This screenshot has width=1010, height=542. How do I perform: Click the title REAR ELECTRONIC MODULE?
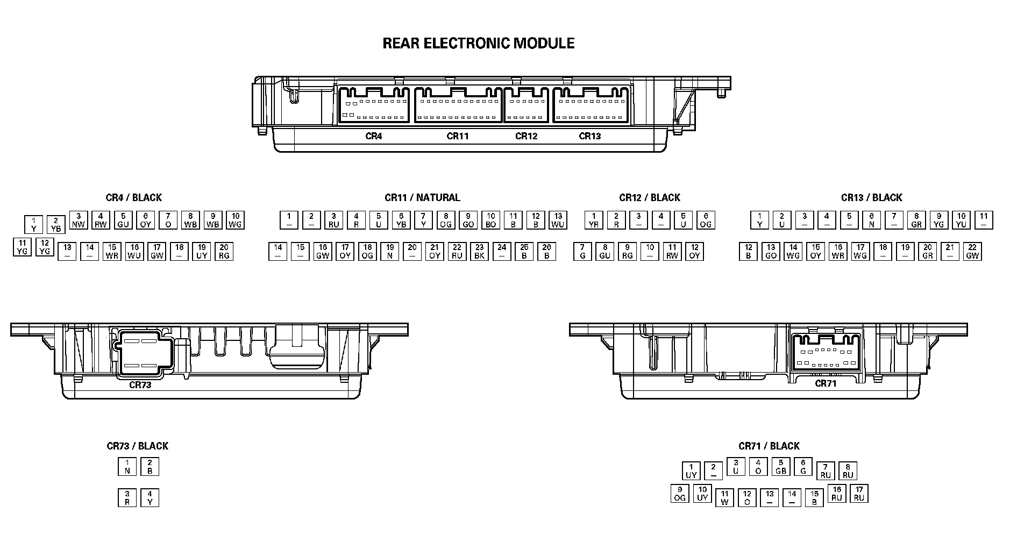click(x=478, y=43)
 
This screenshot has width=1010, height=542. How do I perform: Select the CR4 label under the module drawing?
click(x=373, y=136)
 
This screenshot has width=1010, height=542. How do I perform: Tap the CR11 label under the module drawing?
click(x=457, y=136)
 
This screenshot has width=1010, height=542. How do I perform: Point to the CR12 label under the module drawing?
click(x=526, y=136)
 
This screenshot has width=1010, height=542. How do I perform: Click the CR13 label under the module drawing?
click(x=589, y=136)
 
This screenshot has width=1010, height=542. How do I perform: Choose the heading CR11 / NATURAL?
click(x=422, y=197)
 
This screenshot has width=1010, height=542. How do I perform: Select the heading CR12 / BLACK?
click(x=649, y=197)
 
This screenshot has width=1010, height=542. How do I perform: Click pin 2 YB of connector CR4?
click(x=56, y=224)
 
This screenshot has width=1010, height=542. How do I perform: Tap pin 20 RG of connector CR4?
click(x=224, y=251)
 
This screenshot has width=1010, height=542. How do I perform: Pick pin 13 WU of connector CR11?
click(x=558, y=220)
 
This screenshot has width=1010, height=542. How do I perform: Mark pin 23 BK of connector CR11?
click(x=479, y=251)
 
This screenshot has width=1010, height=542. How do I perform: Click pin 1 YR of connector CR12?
click(x=594, y=220)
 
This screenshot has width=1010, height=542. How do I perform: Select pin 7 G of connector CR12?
click(x=582, y=251)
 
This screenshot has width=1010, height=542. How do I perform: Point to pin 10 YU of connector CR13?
click(x=962, y=220)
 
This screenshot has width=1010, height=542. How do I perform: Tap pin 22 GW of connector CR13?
click(x=972, y=251)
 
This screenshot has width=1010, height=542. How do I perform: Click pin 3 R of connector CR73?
click(x=127, y=497)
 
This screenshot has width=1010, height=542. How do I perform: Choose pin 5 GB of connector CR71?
click(x=781, y=466)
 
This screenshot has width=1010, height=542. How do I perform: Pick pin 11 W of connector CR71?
click(x=724, y=497)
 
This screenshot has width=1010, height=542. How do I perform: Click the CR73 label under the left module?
click(x=140, y=385)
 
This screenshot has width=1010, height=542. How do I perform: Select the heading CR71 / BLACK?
click(x=769, y=446)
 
